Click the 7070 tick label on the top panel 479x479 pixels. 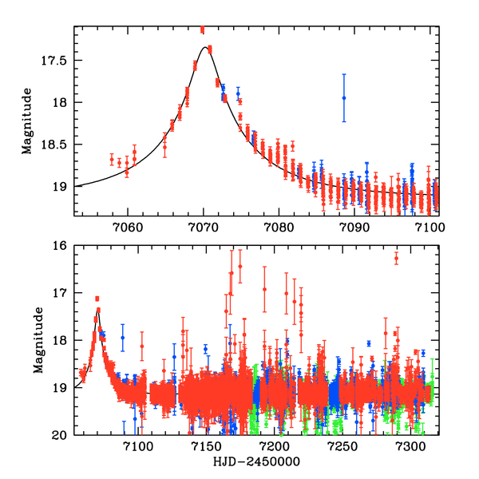coord(204,227)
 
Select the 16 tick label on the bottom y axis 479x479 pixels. coord(60,245)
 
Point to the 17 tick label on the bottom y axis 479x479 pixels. coord(60,293)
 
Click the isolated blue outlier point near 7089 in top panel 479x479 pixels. coord(344,97)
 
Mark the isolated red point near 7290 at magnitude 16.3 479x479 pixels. coord(396,258)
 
